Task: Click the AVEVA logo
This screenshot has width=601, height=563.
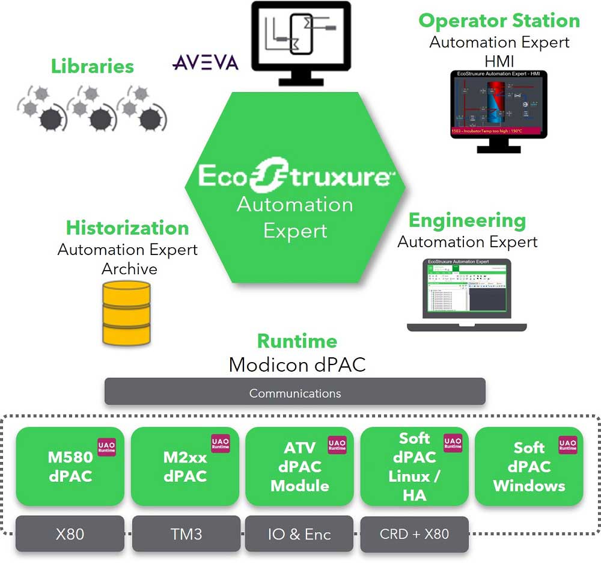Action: coord(206,63)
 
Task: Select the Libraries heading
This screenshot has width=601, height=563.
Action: coord(92,66)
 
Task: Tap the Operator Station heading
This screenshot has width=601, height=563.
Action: coord(499,20)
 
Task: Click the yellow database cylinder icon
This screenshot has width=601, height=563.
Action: coord(126,313)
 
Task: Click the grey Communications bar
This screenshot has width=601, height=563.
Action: coord(294,393)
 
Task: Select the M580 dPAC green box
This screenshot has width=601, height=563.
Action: coord(70,467)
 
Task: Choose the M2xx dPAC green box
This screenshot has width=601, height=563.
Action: coord(185,467)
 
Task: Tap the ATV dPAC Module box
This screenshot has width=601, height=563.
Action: coord(299,467)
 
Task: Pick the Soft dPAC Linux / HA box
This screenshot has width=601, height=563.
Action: coord(414,467)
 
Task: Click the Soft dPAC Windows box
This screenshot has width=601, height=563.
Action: coord(529,467)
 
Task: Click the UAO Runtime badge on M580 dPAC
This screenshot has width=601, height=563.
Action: coord(107,445)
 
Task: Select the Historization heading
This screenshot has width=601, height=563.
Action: coord(127,228)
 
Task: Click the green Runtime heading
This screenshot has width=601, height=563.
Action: coord(297,341)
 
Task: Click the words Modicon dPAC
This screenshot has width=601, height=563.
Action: coord(297,364)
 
